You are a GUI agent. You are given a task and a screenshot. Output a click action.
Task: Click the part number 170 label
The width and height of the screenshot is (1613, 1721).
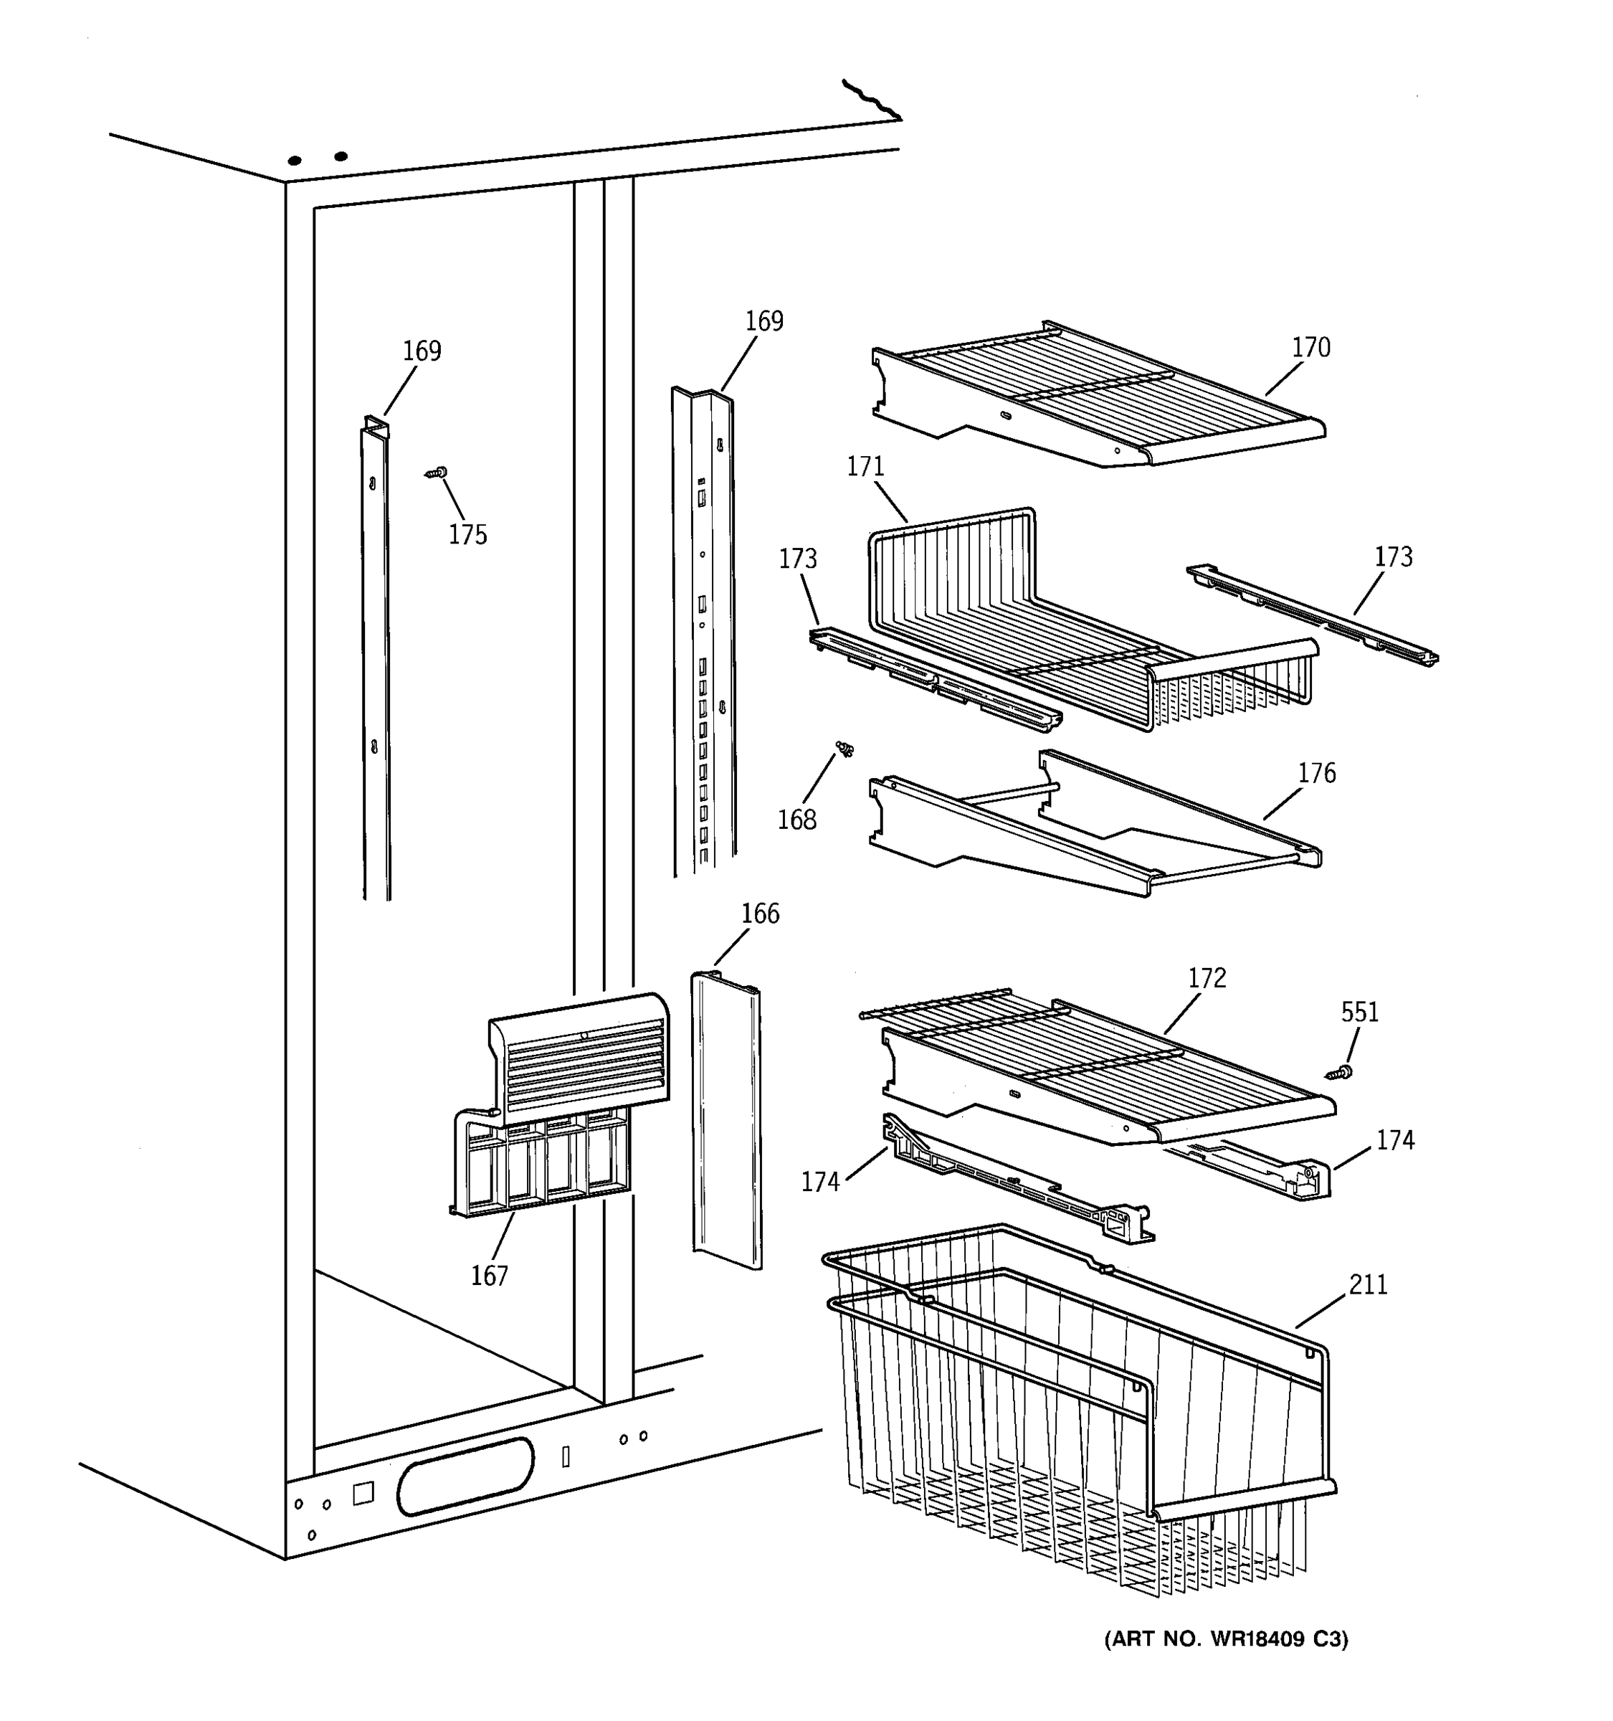click(1310, 347)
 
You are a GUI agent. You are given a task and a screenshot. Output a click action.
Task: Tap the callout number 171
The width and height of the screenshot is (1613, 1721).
click(865, 467)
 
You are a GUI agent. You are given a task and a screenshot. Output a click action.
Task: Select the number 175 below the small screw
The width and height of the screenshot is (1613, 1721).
click(467, 535)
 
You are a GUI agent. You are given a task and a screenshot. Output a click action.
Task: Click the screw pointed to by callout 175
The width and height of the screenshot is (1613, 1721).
click(437, 472)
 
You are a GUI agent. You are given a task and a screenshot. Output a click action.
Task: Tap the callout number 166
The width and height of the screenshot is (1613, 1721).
click(760, 914)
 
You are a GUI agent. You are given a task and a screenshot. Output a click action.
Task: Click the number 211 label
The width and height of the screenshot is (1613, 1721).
click(1368, 1284)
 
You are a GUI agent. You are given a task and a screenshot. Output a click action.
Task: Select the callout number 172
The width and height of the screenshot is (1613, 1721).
click(1207, 977)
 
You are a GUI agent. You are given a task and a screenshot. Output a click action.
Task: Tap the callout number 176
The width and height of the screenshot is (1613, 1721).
click(1316, 772)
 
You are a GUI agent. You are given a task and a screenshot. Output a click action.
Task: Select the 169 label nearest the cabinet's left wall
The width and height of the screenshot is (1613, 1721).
click(422, 351)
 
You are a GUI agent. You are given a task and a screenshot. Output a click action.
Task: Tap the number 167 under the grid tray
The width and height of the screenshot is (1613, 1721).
click(489, 1275)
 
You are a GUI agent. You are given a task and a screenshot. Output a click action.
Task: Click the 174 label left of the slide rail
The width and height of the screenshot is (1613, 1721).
click(819, 1181)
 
